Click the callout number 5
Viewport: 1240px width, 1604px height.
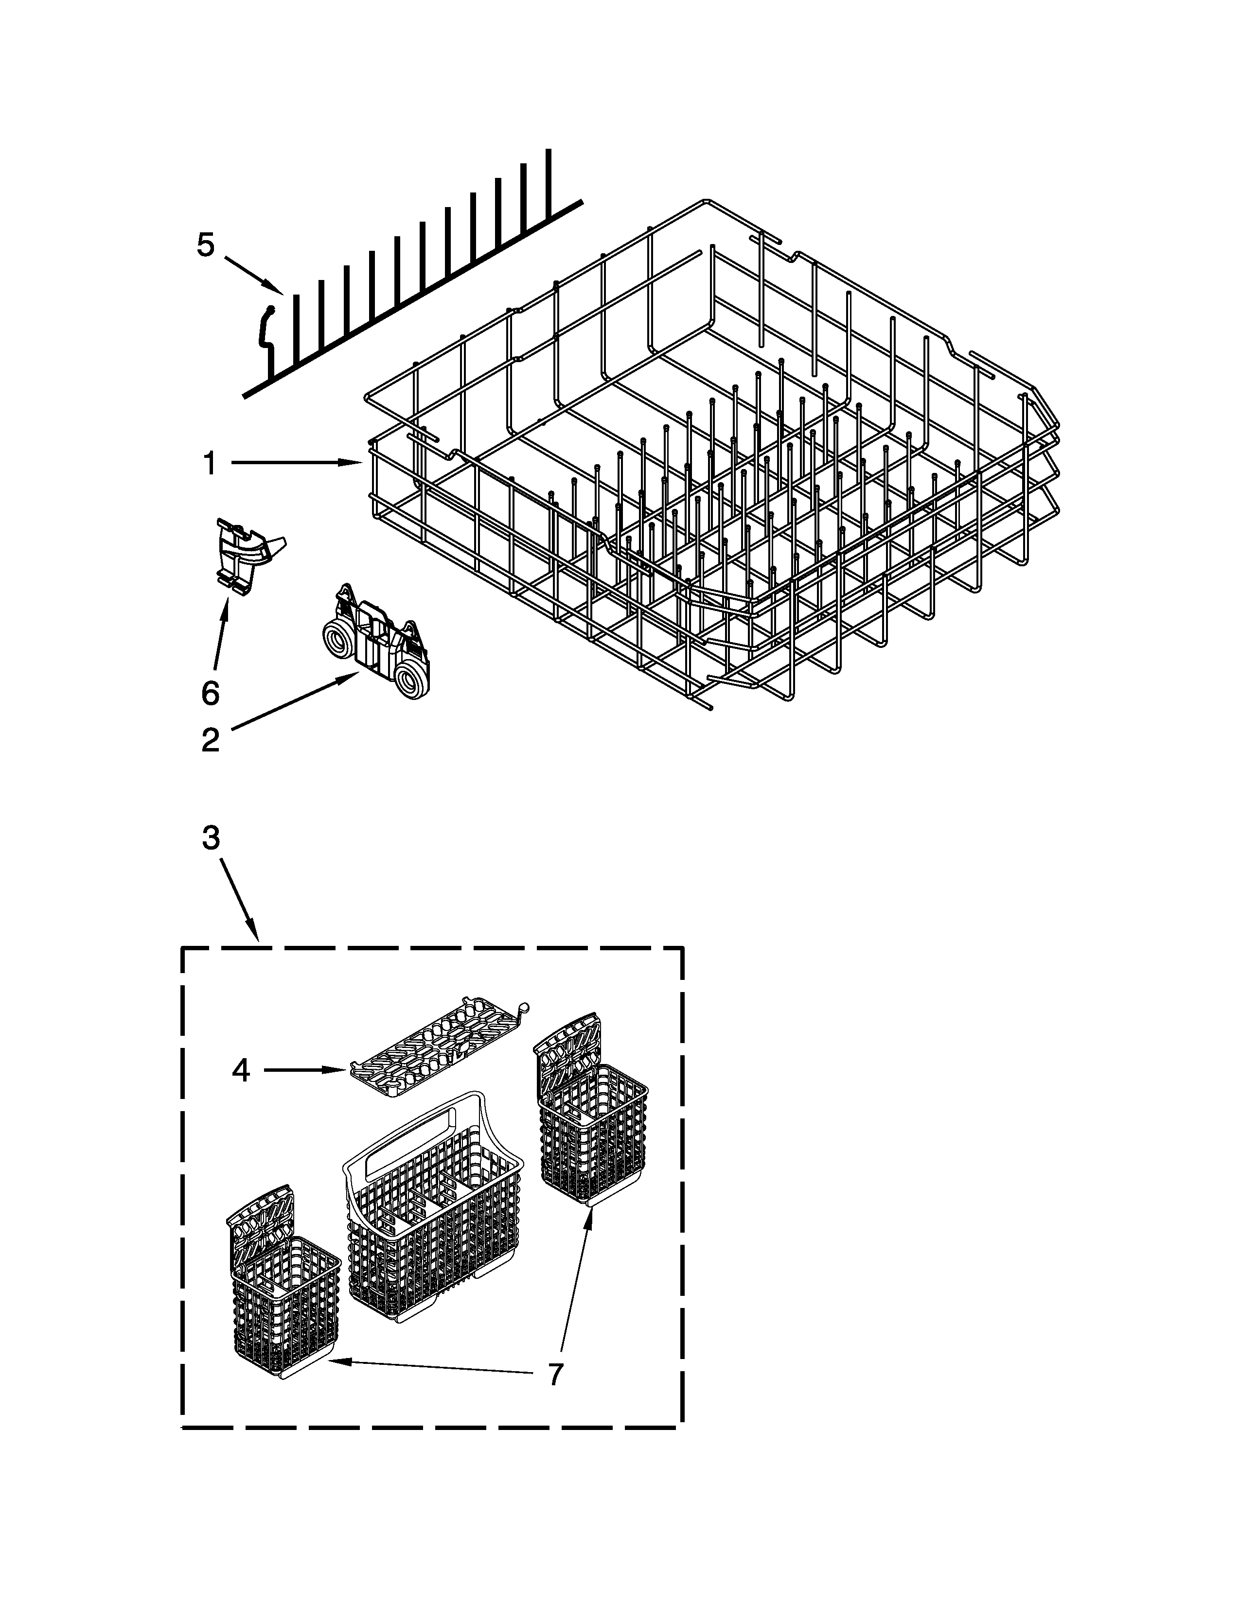click(x=206, y=244)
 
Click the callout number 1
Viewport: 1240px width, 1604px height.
click(x=210, y=463)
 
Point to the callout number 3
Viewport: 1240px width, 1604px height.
click(x=211, y=837)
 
